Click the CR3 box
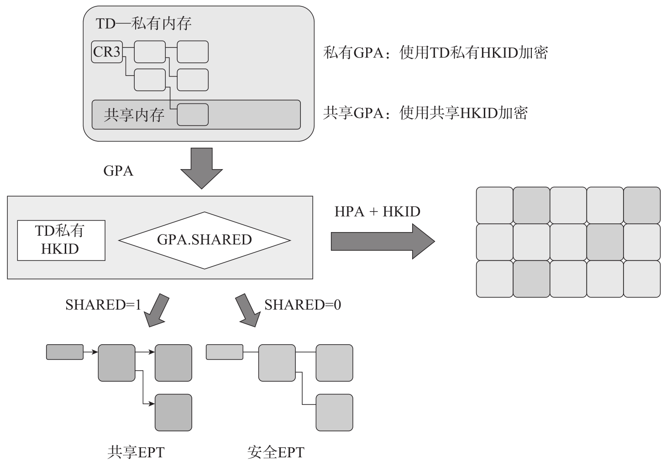[107, 52]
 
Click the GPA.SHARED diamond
[205, 240]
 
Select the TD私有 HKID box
[61, 240]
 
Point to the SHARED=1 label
[103, 305]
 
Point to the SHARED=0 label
[303, 305]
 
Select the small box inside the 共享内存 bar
[192, 114]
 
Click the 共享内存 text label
[134, 115]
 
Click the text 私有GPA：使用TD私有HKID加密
[435, 53]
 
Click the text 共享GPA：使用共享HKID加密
[425, 113]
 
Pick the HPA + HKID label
[377, 212]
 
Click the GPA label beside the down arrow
[118, 171]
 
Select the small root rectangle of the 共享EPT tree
[65, 352]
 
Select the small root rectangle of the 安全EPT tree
[225, 352]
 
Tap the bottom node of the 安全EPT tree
[334, 413]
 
